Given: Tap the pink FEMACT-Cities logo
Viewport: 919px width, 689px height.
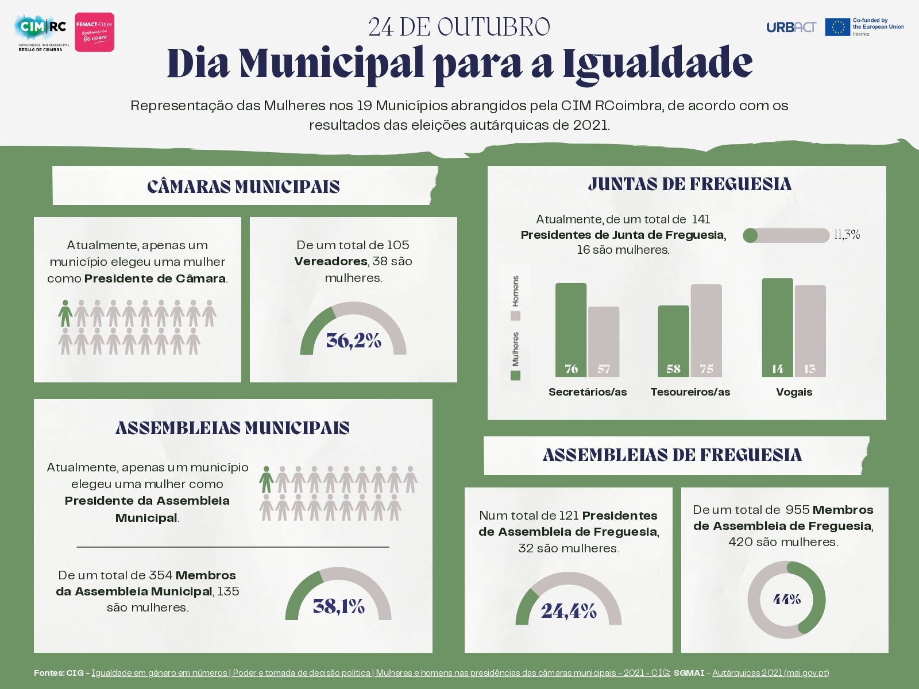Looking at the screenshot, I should pos(95,32).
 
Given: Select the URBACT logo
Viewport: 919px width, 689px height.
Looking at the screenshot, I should pos(791,27).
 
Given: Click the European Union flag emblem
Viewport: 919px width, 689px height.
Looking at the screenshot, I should pos(837,27).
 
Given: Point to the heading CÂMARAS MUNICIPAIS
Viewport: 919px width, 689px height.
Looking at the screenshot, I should pos(243,187).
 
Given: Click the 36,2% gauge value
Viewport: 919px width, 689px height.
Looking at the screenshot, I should pos(353,340).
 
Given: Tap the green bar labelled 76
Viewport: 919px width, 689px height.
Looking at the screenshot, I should pos(571,330).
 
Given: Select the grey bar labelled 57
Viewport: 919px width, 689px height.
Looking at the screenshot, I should pos(604,342).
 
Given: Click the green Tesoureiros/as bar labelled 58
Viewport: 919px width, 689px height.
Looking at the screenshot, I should pos(673,341).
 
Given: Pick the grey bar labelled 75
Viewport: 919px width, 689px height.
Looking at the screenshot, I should pos(706,331).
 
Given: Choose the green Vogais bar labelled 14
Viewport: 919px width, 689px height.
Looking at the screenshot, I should pos(777,328).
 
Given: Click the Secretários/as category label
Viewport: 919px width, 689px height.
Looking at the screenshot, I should pos(587,392).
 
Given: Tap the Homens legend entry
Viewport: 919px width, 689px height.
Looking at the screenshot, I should pos(515,297).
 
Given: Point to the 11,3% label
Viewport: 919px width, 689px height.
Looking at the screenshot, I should pos(847,234).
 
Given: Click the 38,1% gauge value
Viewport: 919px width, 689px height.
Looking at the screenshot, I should pos(338,606).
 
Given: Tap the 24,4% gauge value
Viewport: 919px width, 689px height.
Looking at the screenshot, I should pos(569,610).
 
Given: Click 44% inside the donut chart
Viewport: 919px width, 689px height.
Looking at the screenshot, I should pos(786,599).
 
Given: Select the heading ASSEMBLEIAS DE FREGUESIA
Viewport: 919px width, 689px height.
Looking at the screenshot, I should pos(672,455).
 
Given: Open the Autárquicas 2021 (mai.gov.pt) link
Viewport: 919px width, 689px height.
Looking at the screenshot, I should pos(770,673).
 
